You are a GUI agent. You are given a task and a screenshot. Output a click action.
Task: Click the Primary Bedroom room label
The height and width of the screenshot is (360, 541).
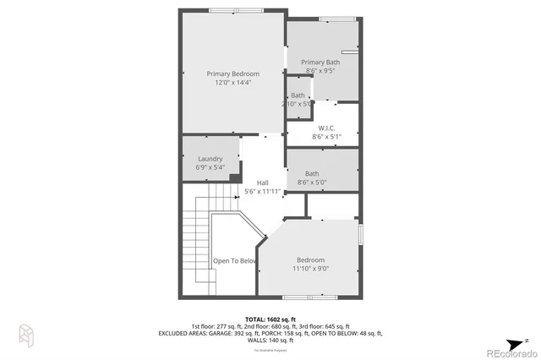[x=232, y=74]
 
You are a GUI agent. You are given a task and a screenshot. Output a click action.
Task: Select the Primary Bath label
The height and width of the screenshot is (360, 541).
[x=322, y=62]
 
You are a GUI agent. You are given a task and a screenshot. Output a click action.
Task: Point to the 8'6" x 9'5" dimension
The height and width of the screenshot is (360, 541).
[x=322, y=71]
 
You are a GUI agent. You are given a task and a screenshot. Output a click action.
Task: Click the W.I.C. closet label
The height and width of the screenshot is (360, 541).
[x=326, y=128]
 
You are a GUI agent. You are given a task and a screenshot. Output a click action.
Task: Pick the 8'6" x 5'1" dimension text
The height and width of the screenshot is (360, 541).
[x=326, y=136]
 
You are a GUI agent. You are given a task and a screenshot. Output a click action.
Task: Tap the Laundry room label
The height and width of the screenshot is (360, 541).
[x=210, y=159]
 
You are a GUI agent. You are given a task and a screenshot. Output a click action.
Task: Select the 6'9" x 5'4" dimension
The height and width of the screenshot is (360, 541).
[x=210, y=167]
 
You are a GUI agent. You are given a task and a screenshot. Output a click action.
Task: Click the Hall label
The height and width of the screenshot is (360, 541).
[x=262, y=183]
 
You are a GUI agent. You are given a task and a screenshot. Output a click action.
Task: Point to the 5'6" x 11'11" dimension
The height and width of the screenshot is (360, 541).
[x=262, y=192]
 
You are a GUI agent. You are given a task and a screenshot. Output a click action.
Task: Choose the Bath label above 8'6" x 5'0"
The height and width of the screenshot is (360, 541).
[x=312, y=173]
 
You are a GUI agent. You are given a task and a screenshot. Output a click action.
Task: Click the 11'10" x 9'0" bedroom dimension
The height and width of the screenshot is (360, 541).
[x=310, y=269]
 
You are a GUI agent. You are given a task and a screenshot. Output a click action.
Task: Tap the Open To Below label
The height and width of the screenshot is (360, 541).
[x=234, y=261]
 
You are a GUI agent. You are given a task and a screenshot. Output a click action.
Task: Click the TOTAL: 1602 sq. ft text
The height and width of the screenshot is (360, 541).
[x=270, y=318]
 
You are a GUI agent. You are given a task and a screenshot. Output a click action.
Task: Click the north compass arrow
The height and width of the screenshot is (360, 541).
[x=526, y=341]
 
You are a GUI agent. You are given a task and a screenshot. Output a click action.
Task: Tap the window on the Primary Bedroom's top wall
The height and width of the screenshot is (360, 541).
[x=234, y=10]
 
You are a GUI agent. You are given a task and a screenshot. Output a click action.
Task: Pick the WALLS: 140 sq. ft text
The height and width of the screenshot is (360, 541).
[x=270, y=341]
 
